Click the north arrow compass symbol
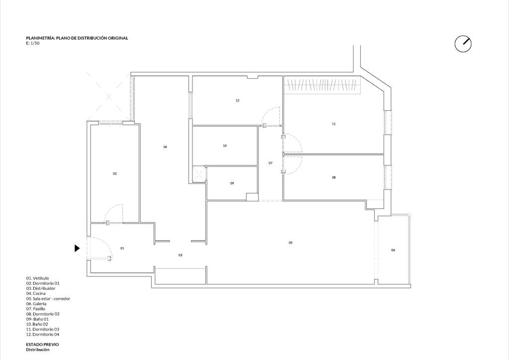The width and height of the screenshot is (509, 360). [463, 44]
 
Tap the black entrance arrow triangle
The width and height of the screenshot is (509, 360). [77, 248]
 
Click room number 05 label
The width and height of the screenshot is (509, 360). [290, 243]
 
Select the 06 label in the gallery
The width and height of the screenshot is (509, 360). [393, 250]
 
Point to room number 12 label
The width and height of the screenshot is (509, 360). [237, 100]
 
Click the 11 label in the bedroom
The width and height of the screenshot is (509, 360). [334, 124]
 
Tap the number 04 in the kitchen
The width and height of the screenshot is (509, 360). [165, 147]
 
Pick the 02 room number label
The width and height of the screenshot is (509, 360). [115, 174]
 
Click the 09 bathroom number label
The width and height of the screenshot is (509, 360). [232, 183]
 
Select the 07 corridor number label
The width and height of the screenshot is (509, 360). [270, 163]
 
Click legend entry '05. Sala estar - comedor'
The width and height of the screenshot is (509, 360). [48, 299]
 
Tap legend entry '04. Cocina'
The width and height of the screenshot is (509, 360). [36, 293]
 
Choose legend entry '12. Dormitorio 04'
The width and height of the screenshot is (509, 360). [43, 334]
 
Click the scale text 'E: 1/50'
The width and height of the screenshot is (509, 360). [33, 43]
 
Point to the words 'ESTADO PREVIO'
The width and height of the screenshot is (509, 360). [43, 345]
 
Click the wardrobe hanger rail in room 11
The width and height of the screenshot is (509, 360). [322, 85]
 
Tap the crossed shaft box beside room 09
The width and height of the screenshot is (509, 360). [199, 174]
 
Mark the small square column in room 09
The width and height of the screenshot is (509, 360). [252, 197]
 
